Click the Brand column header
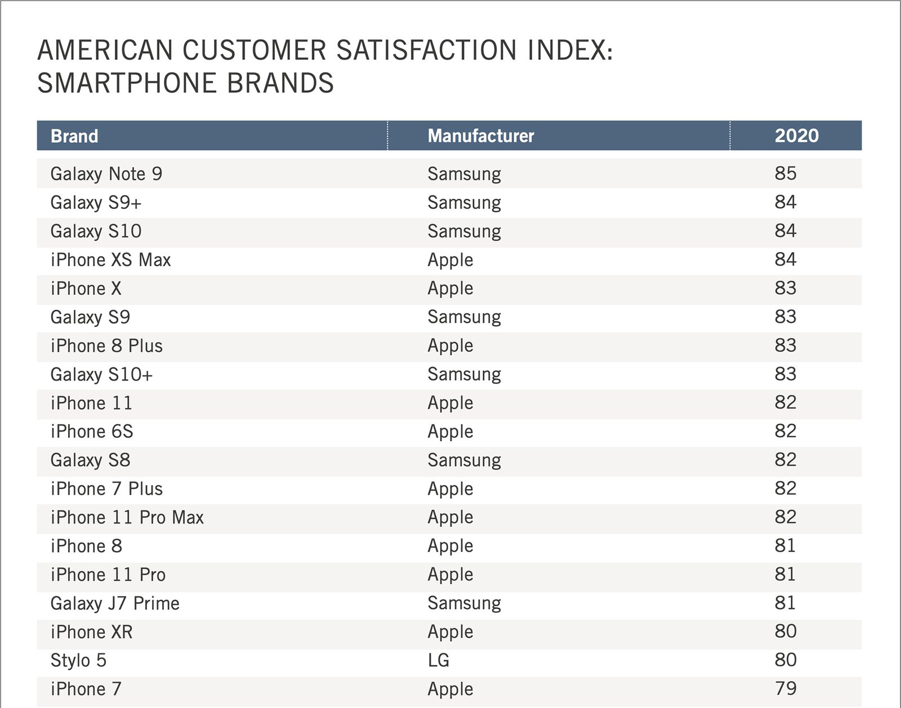coord(74,136)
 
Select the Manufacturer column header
coord(480,136)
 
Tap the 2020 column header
coord(796,136)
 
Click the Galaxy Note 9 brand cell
coord(106,174)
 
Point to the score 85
coord(785,173)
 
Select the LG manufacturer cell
coord(438,660)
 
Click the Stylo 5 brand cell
coord(78,660)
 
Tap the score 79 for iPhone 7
coord(785,688)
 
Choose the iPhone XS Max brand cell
coord(110,260)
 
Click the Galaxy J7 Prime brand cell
coord(115,603)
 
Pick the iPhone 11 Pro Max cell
coord(127,517)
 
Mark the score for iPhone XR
coord(785,631)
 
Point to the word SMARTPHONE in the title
coord(127,83)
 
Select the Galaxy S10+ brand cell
coord(101,374)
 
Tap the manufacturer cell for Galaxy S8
coord(464,460)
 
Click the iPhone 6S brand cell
coord(92,432)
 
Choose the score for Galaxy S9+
coord(785,202)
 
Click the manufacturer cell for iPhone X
coord(450,288)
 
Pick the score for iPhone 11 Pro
coord(785,574)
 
